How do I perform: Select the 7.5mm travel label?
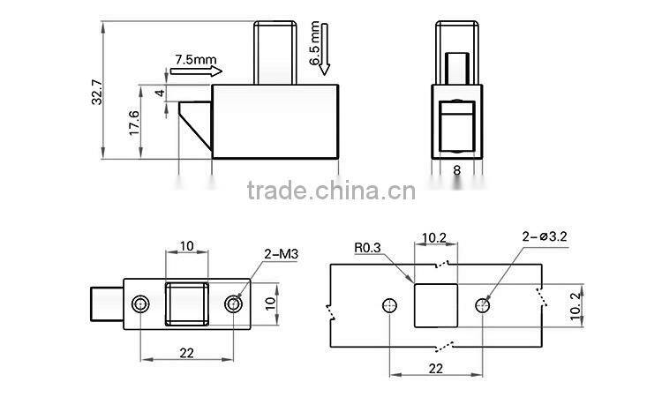195,60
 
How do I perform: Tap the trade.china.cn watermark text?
325,191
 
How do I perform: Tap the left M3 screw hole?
140,304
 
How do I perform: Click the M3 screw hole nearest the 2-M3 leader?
234,304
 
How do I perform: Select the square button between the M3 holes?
187,304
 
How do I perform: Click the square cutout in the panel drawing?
437,305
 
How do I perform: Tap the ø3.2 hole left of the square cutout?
388,305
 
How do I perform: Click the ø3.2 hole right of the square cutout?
483,305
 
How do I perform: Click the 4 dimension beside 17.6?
159,93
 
